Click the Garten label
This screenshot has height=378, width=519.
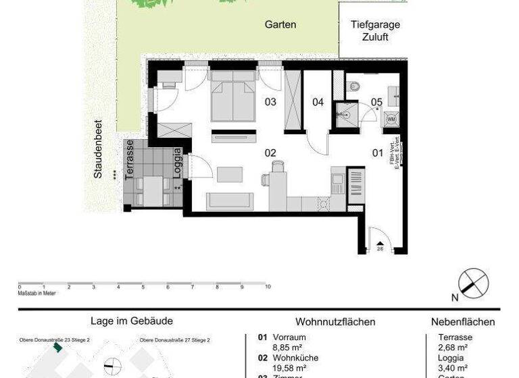(280, 24)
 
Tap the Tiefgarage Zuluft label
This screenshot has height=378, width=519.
(375, 31)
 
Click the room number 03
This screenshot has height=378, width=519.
(270, 103)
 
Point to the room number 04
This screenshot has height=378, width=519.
(318, 103)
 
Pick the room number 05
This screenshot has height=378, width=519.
(376, 103)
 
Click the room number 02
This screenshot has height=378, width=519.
(270, 153)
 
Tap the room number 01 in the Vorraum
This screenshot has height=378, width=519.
(378, 153)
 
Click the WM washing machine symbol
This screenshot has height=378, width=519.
(391, 119)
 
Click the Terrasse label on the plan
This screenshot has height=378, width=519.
(130, 157)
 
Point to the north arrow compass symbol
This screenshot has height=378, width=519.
(474, 282)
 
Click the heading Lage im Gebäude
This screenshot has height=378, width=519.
(132, 322)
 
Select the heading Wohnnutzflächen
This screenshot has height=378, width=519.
(335, 322)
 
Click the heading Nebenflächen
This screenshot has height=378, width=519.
(463, 322)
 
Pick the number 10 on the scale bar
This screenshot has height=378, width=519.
(268, 287)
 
